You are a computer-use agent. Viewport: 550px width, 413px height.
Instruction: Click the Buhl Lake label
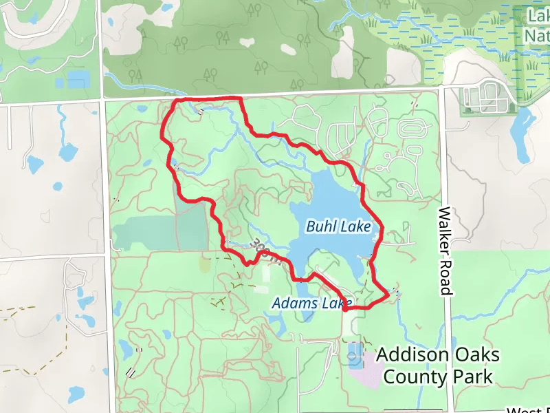click(x=338, y=226)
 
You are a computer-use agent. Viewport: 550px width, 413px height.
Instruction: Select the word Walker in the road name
click(x=445, y=229)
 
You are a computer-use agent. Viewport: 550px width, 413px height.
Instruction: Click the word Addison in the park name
click(x=413, y=355)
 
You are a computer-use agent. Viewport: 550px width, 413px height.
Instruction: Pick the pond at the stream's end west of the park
click(x=68, y=151)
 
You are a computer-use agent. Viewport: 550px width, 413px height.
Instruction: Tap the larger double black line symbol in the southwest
click(x=129, y=372)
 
